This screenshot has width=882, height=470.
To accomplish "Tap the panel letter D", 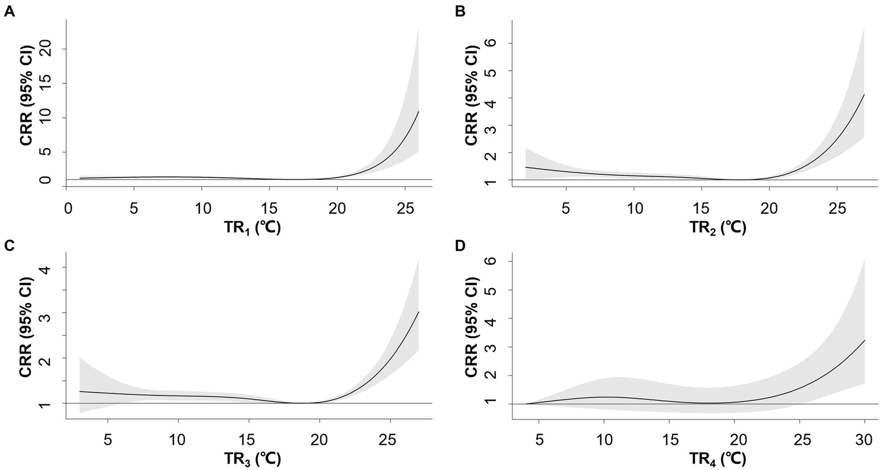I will pyautogui.click(x=460, y=245).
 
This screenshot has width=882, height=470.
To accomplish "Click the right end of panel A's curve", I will pyautogui.click(x=418, y=111).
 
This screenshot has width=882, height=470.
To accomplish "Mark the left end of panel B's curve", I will pyautogui.click(x=526, y=167).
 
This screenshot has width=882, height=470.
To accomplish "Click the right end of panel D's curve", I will pyautogui.click(x=865, y=340).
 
